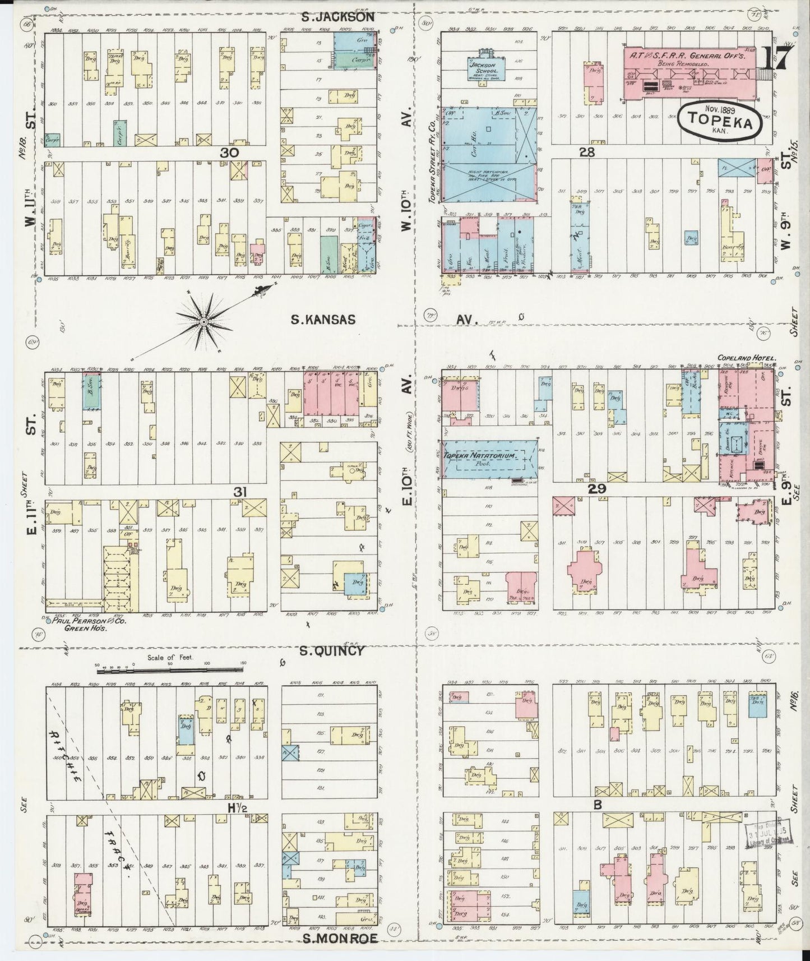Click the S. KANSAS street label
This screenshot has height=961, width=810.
coord(323,320)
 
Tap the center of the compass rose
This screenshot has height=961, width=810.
coord(204,322)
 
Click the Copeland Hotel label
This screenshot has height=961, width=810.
coord(745,357)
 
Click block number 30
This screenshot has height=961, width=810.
coord(230,152)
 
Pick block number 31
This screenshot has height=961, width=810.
coord(240,492)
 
